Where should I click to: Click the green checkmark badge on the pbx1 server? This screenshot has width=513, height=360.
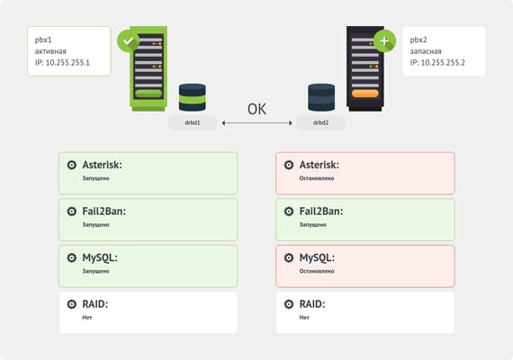[128, 40]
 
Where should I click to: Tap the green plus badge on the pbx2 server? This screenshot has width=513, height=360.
[384, 40]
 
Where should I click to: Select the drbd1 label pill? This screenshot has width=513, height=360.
[193, 122]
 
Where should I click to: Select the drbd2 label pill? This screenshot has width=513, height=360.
[320, 122]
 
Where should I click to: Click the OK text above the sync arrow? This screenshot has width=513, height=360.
[256, 109]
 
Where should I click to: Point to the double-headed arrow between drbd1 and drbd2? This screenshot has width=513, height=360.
[256, 123]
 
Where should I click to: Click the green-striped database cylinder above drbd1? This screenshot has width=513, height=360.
[193, 97]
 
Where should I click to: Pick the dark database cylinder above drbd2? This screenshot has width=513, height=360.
[321, 97]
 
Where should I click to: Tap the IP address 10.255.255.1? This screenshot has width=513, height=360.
[67, 62]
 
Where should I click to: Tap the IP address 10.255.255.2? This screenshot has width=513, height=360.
[443, 62]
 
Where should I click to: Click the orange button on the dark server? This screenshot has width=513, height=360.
[365, 94]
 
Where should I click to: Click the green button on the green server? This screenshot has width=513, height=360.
[148, 94]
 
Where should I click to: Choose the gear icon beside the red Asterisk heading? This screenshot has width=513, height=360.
[289, 165]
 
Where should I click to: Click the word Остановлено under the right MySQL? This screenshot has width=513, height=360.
[317, 271]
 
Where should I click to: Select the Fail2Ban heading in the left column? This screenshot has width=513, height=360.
[104, 211]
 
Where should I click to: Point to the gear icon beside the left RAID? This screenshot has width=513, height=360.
[72, 304]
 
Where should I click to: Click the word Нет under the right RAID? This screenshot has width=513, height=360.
[304, 318]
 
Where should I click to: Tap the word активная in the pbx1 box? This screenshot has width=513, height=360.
[50, 51]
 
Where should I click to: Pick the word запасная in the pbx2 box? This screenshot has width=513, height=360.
[426, 51]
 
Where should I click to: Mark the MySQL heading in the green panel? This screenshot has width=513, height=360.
[100, 258]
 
